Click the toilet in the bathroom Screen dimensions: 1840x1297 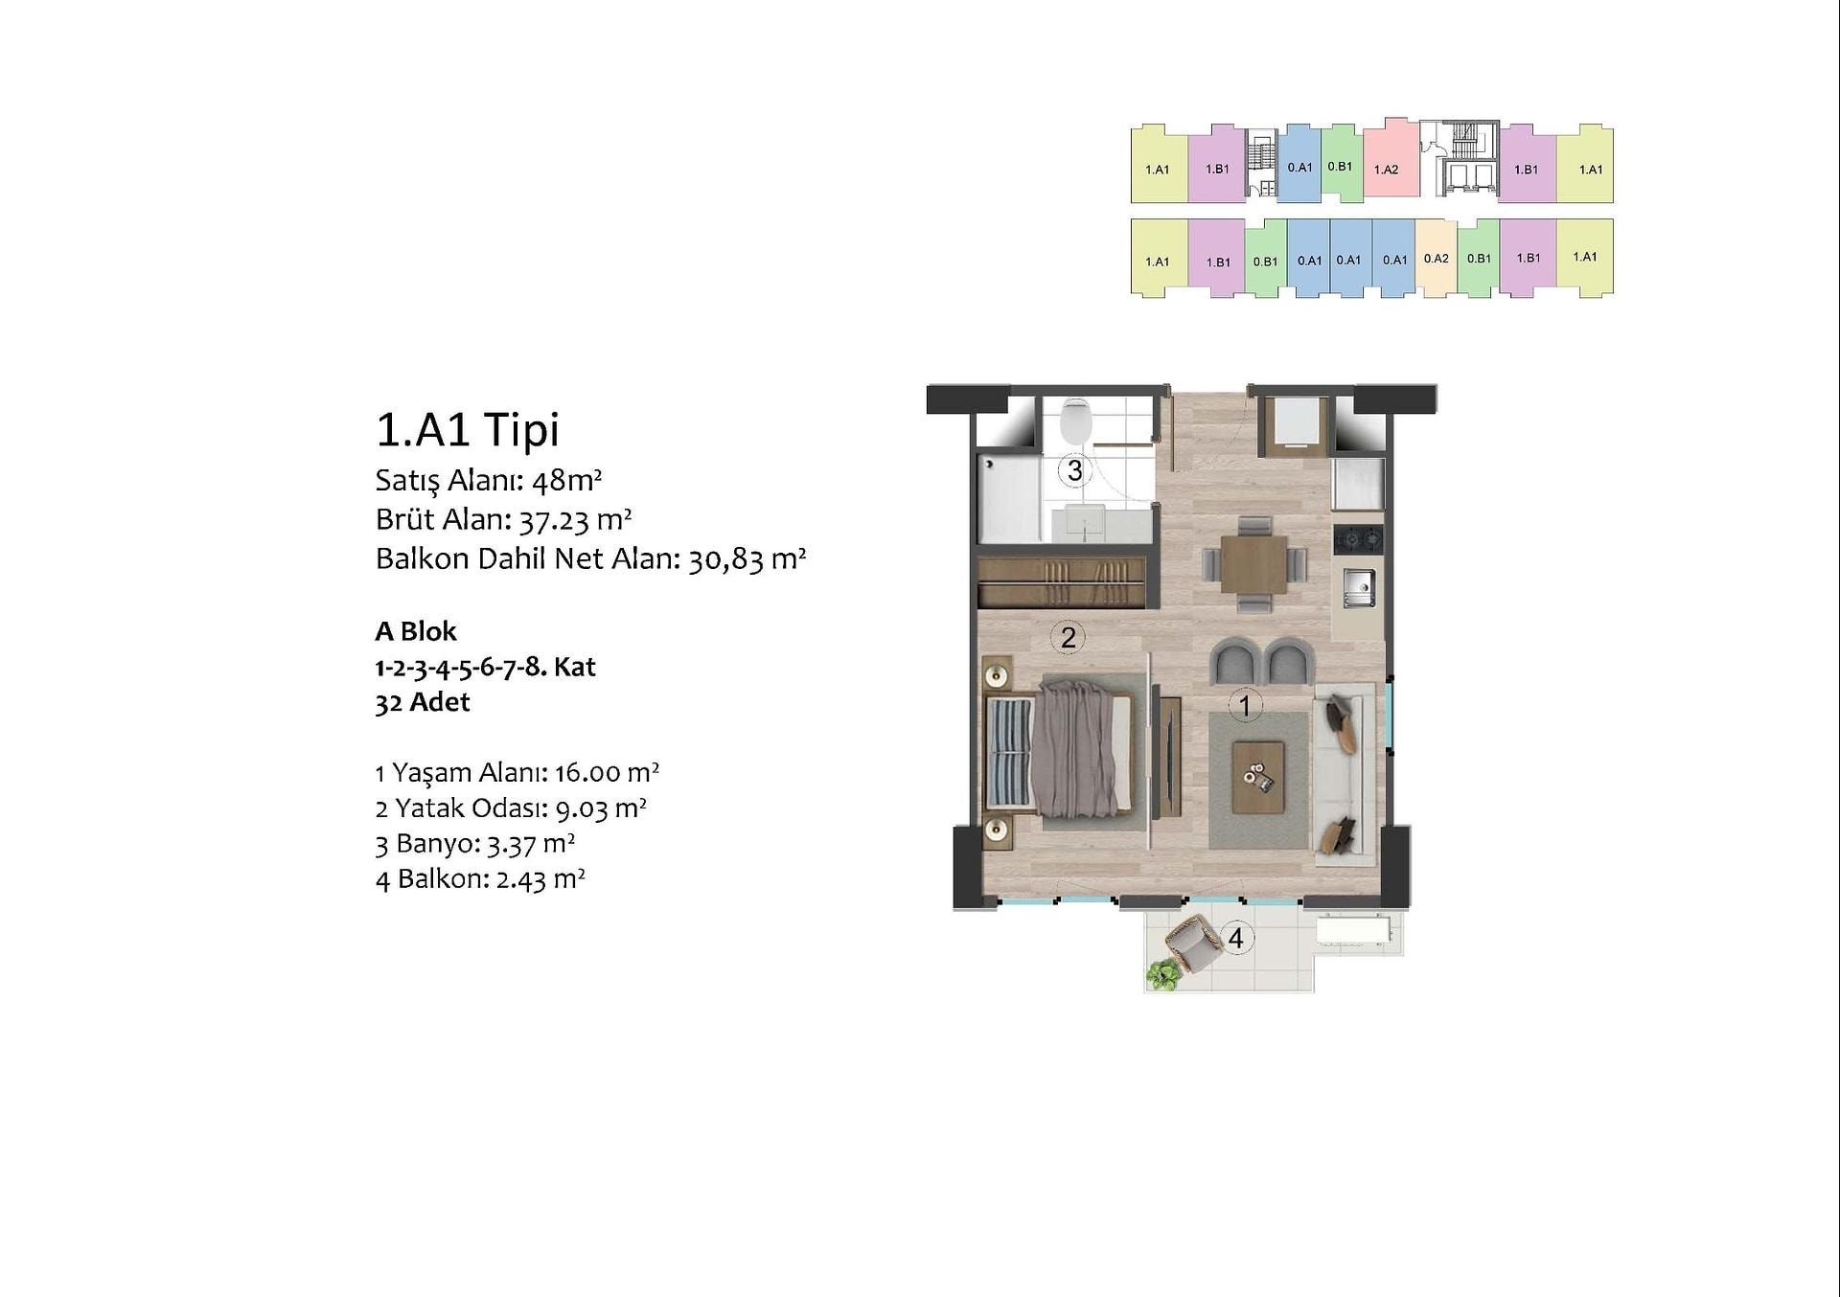pyautogui.click(x=1077, y=421)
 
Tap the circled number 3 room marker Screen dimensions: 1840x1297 pyautogui.click(x=1075, y=470)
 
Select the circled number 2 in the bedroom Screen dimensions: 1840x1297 pyautogui.click(x=1068, y=637)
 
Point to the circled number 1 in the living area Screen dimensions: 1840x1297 pyautogui.click(x=1245, y=706)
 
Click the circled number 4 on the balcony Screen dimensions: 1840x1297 pyautogui.click(x=1235, y=938)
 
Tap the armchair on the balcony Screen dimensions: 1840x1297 pyautogui.click(x=1190, y=943)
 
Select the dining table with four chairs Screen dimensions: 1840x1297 pyautogui.click(x=1253, y=564)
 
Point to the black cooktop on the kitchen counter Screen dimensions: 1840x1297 pyautogui.click(x=1359, y=538)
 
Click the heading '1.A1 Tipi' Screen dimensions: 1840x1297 pyautogui.click(x=468, y=429)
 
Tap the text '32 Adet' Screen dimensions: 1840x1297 pyautogui.click(x=423, y=702)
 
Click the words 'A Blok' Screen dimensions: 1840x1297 pyautogui.click(x=416, y=631)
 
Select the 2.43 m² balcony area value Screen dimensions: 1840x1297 pyautogui.click(x=540, y=878)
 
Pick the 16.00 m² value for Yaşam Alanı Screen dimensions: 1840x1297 pyautogui.click(x=607, y=772)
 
